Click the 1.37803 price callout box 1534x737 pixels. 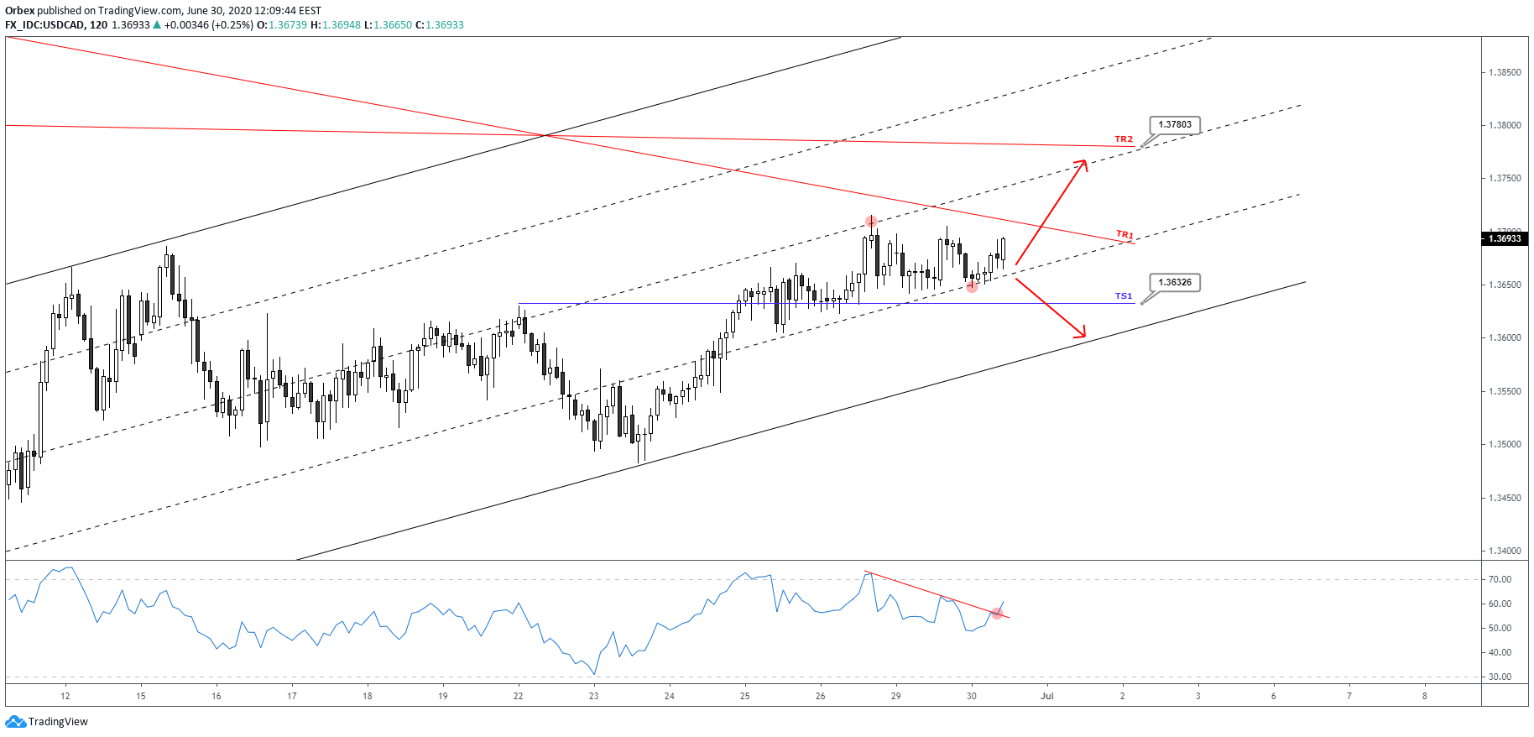[1174, 125]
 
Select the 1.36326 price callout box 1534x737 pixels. [1174, 283]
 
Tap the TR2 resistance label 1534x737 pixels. [1123, 139]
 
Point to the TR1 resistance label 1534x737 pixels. [1124, 235]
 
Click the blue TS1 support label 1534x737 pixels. [1123, 296]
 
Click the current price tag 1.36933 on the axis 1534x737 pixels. [1505, 239]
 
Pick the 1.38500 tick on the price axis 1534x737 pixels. [1505, 73]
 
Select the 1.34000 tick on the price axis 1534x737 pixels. [1505, 551]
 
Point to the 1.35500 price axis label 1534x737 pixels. [1505, 392]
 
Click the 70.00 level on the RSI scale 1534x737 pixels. [1500, 580]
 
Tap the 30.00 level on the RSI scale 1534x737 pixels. [1500, 677]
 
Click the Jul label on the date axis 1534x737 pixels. [1046, 696]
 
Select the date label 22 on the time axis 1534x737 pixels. [519, 696]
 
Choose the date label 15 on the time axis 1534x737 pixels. [141, 696]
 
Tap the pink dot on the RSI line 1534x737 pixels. [997, 614]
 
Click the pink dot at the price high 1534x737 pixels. [872, 222]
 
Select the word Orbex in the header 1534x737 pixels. [20, 11]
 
